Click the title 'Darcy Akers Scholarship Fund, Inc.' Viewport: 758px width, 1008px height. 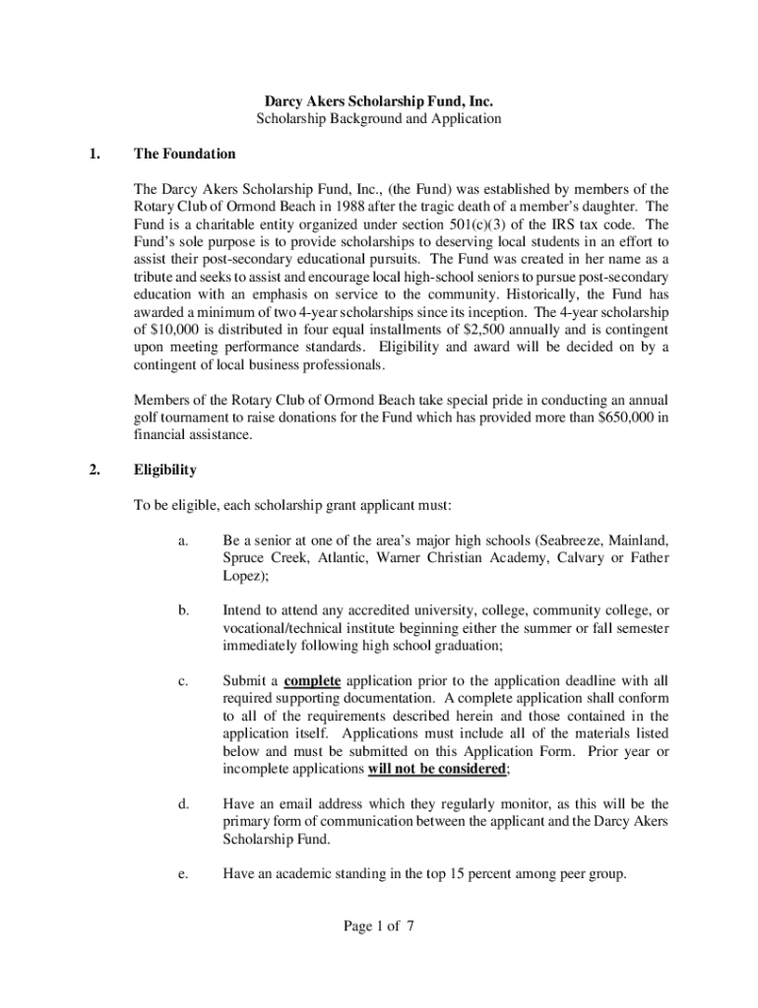tap(379, 100)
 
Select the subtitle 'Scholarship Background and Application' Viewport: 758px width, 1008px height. tap(379, 119)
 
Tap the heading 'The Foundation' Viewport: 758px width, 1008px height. tap(185, 155)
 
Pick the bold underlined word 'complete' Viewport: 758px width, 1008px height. tap(312, 680)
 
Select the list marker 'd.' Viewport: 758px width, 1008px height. tap(184, 804)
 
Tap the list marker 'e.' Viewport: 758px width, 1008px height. tap(184, 871)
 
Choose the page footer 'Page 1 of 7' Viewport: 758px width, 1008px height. tap(379, 926)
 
